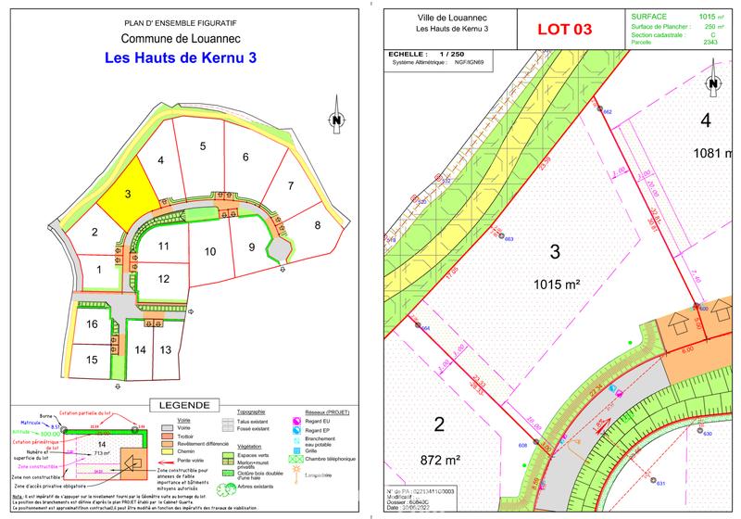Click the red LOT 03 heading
pyautogui.click(x=563, y=28)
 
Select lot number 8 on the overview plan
pyautogui.click(x=317, y=224)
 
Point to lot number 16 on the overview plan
pyautogui.click(x=92, y=324)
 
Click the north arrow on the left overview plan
pyautogui.click(x=336, y=120)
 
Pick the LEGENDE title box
pyautogui.click(x=183, y=406)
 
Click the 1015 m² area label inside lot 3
pyautogui.click(x=555, y=285)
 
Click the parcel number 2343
pyautogui.click(x=710, y=43)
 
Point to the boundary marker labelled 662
pyautogui.click(x=601, y=110)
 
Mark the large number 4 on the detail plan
pyautogui.click(x=705, y=120)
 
